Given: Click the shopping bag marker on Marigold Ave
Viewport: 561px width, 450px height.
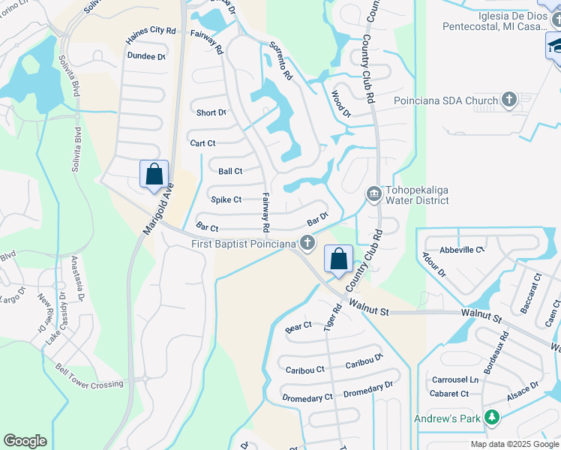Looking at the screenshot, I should pyautogui.click(x=154, y=175).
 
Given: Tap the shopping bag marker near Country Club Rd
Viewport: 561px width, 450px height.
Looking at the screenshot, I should pyautogui.click(x=338, y=259).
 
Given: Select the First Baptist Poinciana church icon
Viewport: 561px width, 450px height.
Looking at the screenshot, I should pyautogui.click(x=306, y=242).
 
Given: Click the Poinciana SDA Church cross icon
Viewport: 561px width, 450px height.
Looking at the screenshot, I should pyautogui.click(x=509, y=100).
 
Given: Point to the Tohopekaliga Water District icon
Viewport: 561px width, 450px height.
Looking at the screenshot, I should pyautogui.click(x=373, y=194).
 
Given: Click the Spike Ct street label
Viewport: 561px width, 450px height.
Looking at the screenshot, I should pyautogui.click(x=226, y=199).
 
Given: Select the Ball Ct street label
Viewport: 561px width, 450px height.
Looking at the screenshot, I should pyautogui.click(x=230, y=171).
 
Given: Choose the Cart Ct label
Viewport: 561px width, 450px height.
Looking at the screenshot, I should pyautogui.click(x=202, y=143).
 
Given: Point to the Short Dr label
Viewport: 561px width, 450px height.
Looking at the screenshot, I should pyautogui.click(x=211, y=113).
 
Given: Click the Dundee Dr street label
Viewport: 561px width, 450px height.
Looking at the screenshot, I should pyautogui.click(x=146, y=56).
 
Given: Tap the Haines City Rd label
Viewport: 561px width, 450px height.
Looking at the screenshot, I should pyautogui.click(x=151, y=31).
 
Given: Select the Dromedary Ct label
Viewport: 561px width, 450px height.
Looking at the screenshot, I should pyautogui.click(x=307, y=397).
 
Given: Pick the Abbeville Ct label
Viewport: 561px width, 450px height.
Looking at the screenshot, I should pyautogui.click(x=461, y=250).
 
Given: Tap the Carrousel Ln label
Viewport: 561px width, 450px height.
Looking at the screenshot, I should pyautogui.click(x=454, y=379).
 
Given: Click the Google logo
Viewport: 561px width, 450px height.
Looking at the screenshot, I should pyautogui.click(x=25, y=441).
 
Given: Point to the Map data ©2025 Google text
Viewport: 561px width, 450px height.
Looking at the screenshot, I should pyautogui.click(x=515, y=444).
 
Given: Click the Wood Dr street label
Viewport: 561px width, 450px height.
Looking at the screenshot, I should pyautogui.click(x=341, y=104).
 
